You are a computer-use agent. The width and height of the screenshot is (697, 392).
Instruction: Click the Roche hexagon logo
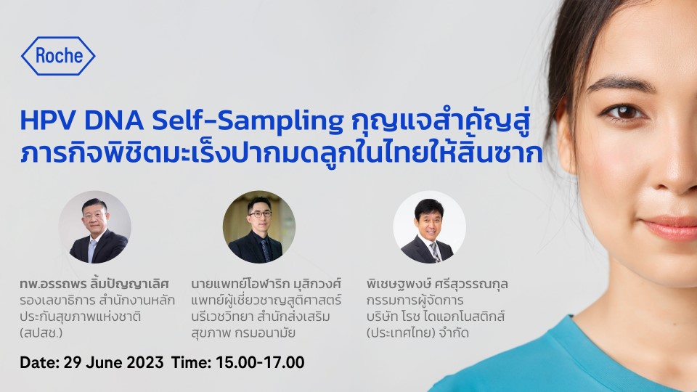[x=58, y=56]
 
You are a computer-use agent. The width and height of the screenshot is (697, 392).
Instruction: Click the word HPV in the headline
[x=49, y=121]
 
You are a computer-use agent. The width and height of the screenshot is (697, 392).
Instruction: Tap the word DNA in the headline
[x=114, y=121]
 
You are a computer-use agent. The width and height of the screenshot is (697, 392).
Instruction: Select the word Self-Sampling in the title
[x=248, y=122]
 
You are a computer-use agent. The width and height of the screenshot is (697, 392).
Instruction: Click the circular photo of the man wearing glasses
[x=258, y=227]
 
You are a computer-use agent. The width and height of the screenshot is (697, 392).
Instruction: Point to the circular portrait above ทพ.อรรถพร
[x=94, y=227]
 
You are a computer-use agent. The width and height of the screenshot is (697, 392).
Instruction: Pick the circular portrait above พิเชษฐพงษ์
[x=429, y=227]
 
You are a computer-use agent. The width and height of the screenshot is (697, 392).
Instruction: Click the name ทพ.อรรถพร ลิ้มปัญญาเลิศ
[x=94, y=284]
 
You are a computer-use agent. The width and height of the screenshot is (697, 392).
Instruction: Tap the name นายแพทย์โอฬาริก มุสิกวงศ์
[x=266, y=284]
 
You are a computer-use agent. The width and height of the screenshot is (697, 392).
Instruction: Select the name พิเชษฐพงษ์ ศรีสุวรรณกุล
[x=437, y=284]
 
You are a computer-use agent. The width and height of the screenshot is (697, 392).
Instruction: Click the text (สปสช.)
[x=41, y=333]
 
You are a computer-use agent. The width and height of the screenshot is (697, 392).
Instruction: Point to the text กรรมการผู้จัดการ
[x=415, y=301]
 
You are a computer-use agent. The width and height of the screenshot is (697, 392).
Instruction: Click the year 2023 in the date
[x=145, y=362]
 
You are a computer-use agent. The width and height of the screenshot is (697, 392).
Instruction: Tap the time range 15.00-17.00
[x=260, y=362]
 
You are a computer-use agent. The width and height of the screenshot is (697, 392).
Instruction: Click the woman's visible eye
[x=625, y=112]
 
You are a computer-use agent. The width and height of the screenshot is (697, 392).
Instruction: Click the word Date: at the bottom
[x=39, y=362]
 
